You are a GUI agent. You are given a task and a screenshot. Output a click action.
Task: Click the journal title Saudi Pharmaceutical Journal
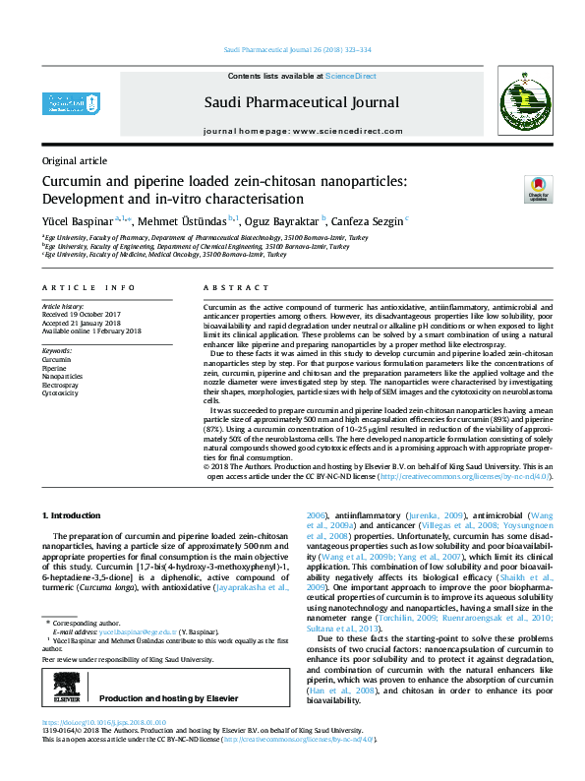pos(301,102)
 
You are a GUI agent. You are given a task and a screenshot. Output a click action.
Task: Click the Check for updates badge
pos(537,189)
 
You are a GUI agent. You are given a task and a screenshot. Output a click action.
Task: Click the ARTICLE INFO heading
pos(88,287)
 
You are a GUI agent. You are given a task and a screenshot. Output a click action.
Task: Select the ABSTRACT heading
pos(228,287)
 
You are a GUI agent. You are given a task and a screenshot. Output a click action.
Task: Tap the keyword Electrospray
pos(61,386)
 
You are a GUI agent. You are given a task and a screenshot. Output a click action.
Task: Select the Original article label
pos(75,159)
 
